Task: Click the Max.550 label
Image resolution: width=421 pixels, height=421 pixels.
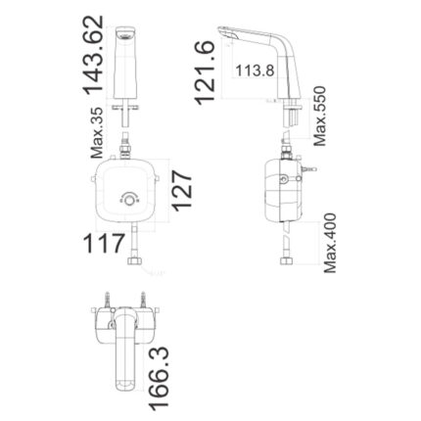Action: pyautogui.click(x=319, y=112)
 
